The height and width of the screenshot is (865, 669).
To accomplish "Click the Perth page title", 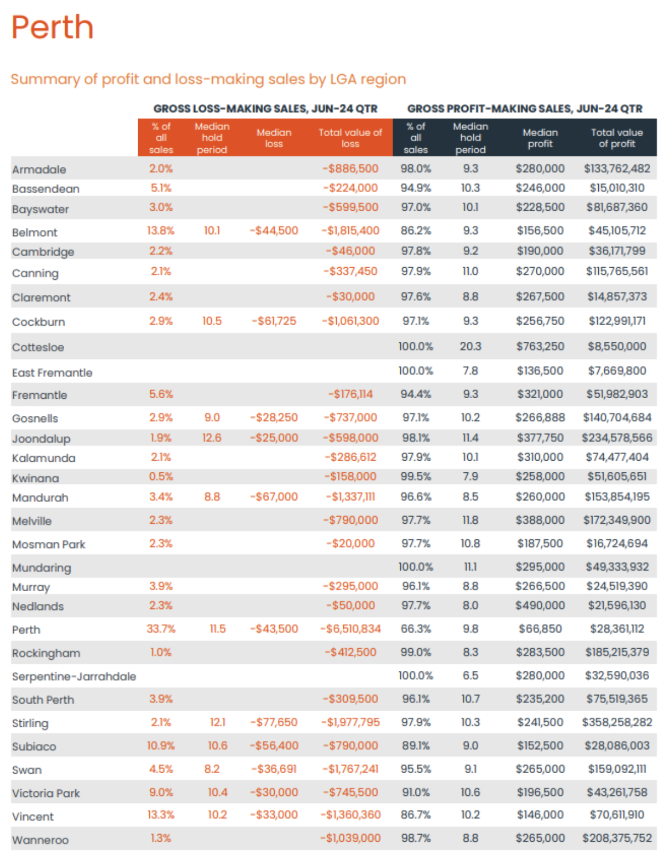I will (x=53, y=27).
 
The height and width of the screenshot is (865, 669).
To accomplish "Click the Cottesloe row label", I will (x=38, y=347).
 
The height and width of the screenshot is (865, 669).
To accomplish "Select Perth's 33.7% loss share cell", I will (x=161, y=629).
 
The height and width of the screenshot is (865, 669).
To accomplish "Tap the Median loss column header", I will (x=274, y=138).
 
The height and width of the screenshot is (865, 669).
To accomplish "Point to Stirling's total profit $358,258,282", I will (x=617, y=722).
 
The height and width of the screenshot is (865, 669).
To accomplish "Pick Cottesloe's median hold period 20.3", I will (x=471, y=347).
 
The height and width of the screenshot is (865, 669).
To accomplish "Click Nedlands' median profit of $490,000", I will (x=540, y=606).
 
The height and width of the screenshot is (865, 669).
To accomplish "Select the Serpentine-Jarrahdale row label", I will (x=74, y=676).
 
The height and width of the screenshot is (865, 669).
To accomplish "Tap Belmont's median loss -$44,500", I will (x=274, y=231).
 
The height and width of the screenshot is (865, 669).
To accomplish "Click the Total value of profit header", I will (x=617, y=138).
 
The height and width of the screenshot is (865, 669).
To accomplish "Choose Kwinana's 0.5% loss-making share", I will (x=161, y=477).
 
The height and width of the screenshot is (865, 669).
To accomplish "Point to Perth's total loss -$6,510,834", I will (x=351, y=629).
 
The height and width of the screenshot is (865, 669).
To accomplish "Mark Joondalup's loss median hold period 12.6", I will (x=212, y=438).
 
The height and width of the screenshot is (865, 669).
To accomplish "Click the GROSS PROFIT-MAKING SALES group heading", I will (x=525, y=109).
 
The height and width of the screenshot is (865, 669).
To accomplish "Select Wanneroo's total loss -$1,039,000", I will (x=351, y=838).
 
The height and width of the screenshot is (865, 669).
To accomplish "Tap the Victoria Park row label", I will (x=46, y=793).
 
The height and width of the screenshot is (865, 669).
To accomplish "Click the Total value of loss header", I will (x=350, y=138).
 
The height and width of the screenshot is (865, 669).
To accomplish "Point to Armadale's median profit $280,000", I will (x=540, y=169).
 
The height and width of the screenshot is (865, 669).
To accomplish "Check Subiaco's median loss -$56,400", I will (x=274, y=746).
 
